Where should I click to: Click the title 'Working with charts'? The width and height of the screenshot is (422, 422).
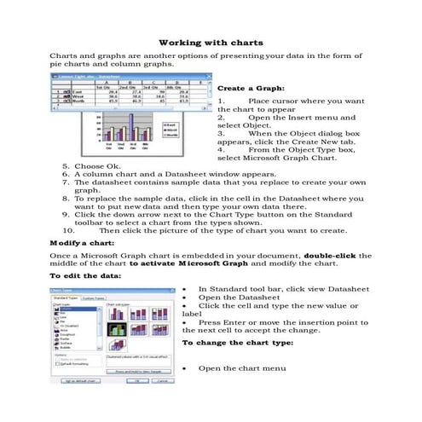click(211, 42)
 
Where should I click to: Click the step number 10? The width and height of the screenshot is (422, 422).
click(70, 230)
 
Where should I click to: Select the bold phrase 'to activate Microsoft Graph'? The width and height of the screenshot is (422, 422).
click(186, 265)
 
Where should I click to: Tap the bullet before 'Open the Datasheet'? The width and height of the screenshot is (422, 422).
click(186, 298)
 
